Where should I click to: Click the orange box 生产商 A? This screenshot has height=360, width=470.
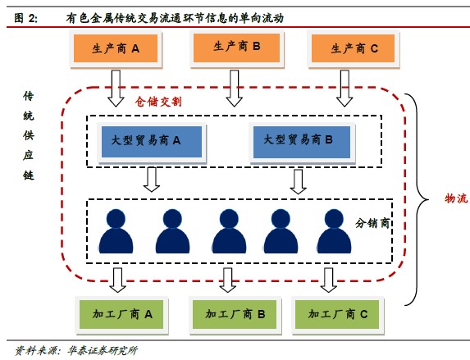point(116,48)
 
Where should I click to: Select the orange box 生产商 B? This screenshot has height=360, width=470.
point(236,48)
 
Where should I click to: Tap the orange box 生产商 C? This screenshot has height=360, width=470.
point(353,48)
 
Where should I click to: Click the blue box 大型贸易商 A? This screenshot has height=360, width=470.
point(152,142)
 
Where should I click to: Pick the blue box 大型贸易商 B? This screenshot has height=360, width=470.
point(302,142)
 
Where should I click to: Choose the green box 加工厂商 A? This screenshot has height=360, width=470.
point(121,314)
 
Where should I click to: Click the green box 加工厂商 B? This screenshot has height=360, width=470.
point(235,314)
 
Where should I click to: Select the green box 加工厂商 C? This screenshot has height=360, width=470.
point(337,314)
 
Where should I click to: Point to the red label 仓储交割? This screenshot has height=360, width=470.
point(158,102)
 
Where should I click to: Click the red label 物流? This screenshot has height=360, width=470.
point(456,198)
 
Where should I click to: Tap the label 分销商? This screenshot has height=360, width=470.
point(372,223)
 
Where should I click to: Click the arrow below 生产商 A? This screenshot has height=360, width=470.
point(116,89)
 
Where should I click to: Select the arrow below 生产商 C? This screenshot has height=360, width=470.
point(345,89)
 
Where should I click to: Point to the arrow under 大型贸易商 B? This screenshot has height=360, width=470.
point(298,182)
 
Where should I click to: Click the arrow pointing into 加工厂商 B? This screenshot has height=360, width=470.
point(228,280)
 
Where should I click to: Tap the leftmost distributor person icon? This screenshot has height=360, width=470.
point(116,231)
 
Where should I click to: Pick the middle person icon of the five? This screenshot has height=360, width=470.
point(229,231)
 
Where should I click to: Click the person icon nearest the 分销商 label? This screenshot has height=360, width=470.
point(334,231)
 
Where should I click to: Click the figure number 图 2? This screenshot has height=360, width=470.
point(26,18)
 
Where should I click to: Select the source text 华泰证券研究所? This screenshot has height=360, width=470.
point(103,350)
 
